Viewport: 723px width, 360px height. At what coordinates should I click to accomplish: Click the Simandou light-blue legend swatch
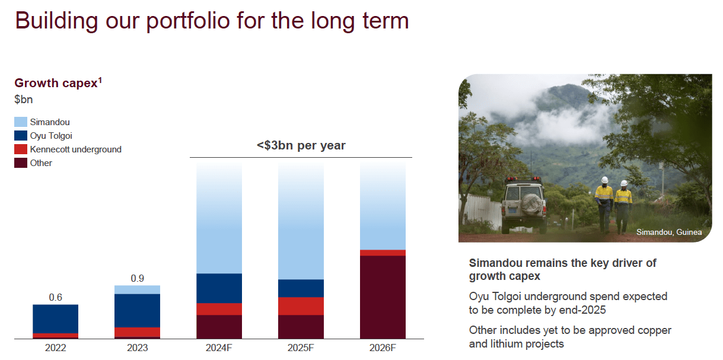21,122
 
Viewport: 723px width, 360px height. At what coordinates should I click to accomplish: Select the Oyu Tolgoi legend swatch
21,135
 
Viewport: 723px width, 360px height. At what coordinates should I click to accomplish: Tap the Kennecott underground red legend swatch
21,149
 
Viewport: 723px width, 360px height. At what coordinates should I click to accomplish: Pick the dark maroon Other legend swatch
21,163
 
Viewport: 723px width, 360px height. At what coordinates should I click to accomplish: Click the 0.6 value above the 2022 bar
56,297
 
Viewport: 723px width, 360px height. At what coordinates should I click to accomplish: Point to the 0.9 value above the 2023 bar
138,278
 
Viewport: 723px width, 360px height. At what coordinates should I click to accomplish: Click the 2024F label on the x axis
219,348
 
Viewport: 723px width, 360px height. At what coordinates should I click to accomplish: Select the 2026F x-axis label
383,348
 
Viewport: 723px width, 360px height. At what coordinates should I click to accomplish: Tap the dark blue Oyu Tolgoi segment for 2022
56,319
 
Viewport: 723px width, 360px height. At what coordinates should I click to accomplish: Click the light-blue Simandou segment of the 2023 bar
138,289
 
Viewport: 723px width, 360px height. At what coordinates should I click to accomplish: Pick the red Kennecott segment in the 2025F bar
301,306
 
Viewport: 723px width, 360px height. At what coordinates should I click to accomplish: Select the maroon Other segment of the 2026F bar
383,297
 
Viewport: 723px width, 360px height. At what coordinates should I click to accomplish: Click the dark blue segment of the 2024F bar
219,288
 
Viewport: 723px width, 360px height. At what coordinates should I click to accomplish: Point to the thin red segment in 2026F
383,253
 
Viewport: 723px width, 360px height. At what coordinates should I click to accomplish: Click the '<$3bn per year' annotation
301,145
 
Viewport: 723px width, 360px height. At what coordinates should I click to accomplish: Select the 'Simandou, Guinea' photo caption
669,232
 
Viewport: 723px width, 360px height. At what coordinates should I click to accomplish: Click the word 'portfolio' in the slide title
188,21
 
